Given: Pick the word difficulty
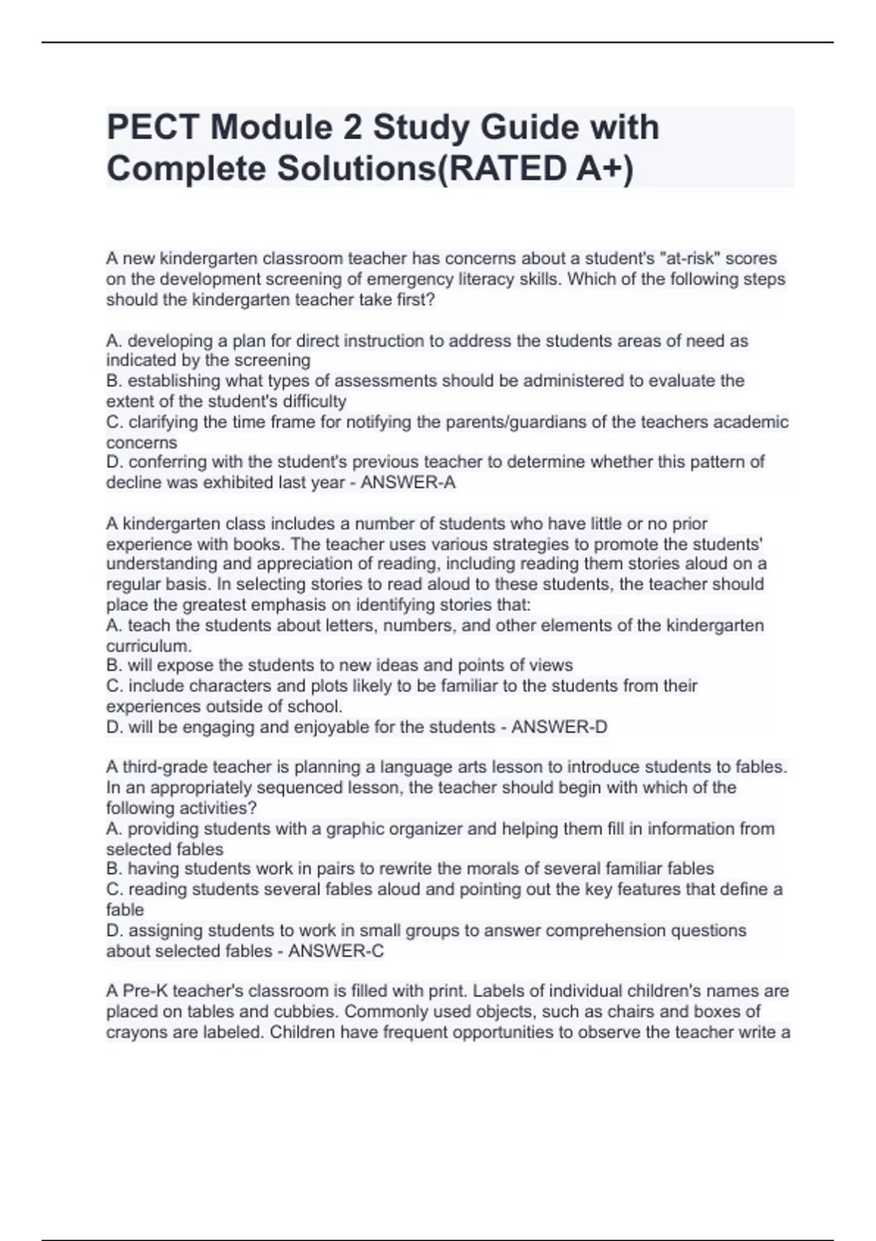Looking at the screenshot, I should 310,401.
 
